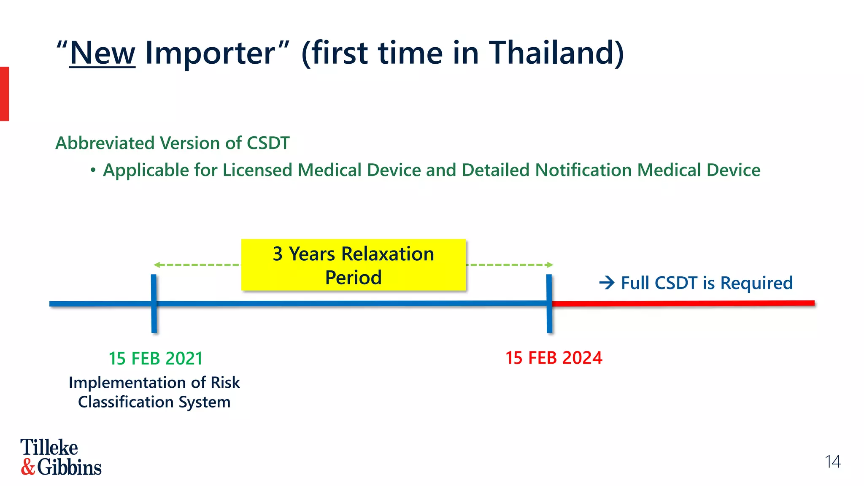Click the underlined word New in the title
(103, 53)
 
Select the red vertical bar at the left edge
(4, 94)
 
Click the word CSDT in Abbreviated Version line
(268, 143)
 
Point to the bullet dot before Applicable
(93, 170)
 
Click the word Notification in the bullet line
(583, 170)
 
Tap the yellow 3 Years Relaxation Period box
(353, 265)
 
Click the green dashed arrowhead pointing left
(157, 265)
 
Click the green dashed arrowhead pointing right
(550, 265)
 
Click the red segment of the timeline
(683, 303)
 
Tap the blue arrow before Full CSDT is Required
(607, 283)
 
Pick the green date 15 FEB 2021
(156, 359)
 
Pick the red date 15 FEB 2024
(553, 358)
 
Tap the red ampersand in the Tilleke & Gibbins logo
(28, 467)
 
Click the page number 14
(832, 462)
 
